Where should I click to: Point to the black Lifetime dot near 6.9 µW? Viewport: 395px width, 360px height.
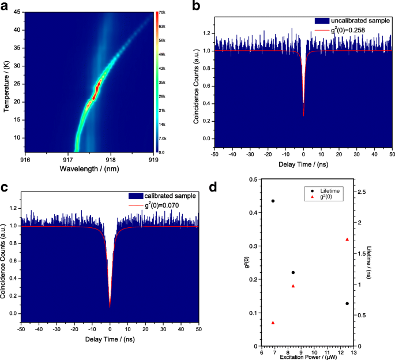point(273,201)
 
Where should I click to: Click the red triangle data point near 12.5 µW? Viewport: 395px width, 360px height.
point(347,239)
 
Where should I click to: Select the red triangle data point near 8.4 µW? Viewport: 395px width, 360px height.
point(293,286)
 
